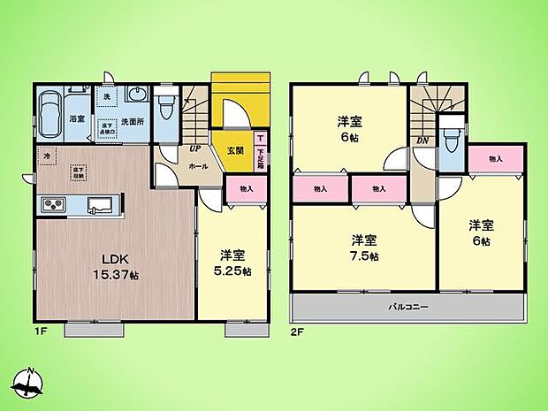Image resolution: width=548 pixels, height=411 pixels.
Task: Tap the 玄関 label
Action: (x=234, y=148)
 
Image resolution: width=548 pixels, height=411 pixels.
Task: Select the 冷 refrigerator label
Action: (x=47, y=157)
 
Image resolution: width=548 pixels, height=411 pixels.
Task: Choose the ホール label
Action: (x=198, y=165)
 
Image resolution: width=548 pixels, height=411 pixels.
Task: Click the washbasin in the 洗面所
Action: (x=137, y=95)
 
